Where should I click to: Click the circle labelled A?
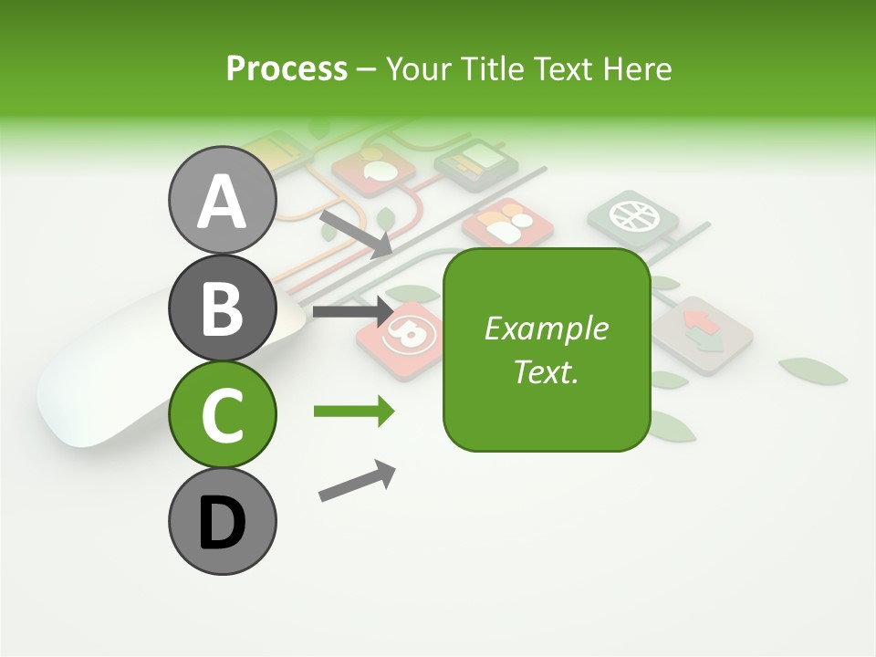(x=222, y=201)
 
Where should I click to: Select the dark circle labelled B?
(x=222, y=308)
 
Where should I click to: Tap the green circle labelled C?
(x=222, y=414)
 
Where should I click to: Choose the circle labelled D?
(x=222, y=521)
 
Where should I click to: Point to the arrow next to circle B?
(x=352, y=312)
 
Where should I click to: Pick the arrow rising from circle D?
(x=357, y=481)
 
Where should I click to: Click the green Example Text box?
(x=547, y=349)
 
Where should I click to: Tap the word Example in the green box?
(x=547, y=328)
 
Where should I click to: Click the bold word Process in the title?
(x=287, y=68)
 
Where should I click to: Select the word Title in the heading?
(x=494, y=68)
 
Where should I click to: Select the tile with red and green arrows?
(x=702, y=334)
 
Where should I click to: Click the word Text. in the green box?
(x=547, y=371)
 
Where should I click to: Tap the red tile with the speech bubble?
(x=373, y=170)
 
